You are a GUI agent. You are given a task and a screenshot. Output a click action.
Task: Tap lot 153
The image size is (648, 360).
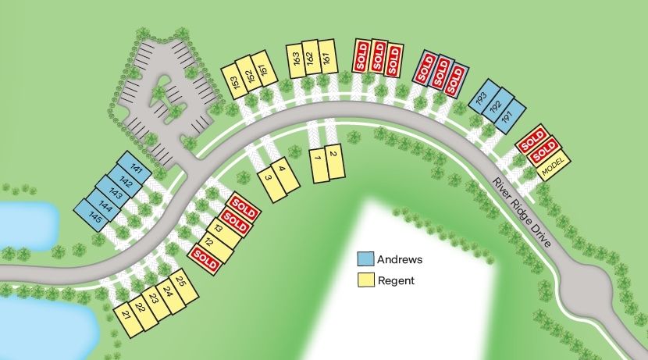[x=235, y=80]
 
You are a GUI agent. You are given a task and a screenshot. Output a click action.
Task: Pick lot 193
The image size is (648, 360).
[x=481, y=97]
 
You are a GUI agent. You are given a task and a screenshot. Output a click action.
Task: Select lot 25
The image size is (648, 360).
[x=180, y=285]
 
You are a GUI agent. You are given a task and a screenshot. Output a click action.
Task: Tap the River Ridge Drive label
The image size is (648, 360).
[x=522, y=212]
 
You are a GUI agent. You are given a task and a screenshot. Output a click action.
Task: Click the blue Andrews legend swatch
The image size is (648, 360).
[x=365, y=259]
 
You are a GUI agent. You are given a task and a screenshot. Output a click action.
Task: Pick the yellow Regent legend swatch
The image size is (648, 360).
[x=365, y=280]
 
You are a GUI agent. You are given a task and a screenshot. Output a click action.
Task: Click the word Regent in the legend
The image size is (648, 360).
[x=395, y=280]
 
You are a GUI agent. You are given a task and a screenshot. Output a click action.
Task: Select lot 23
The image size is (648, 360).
[x=154, y=300]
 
